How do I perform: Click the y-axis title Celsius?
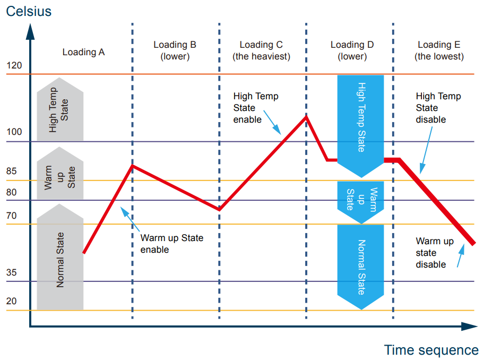(x=29, y=11)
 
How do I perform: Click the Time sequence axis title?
(x=431, y=350)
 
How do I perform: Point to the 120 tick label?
(x=14, y=66)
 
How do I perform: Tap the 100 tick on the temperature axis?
(x=14, y=132)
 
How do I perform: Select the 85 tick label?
(x=12, y=172)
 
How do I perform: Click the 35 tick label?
(x=12, y=273)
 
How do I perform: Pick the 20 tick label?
(x=12, y=301)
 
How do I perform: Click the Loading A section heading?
(x=83, y=52)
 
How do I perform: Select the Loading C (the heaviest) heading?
(x=261, y=50)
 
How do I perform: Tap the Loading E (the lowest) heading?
(x=439, y=50)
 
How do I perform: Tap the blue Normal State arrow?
(x=360, y=265)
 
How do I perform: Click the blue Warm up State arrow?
(x=360, y=201)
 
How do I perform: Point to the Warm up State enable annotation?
(x=171, y=244)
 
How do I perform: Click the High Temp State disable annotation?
(x=438, y=108)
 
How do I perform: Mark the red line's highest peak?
(x=306, y=116)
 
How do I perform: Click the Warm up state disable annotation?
(x=435, y=253)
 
